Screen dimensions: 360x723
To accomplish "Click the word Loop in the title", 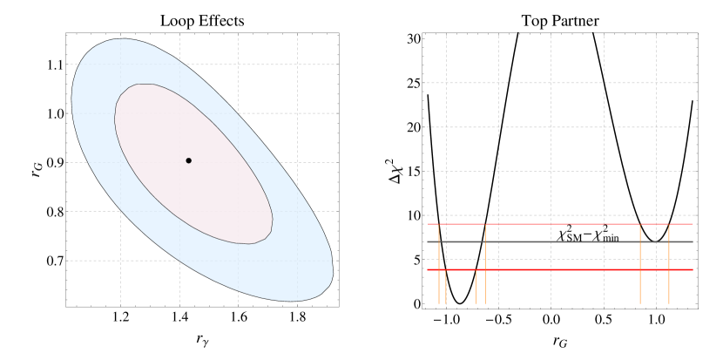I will [x=177, y=19].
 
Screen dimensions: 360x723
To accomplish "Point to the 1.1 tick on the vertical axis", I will [x=55, y=65].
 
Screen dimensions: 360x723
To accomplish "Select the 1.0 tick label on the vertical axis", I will [x=55, y=113].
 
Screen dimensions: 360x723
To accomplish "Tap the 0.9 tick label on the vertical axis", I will [x=55, y=162].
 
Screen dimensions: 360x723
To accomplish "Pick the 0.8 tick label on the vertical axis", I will [x=55, y=212].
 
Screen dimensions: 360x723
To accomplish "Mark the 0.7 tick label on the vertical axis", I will [x=55, y=261].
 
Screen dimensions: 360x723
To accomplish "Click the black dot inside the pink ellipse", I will [x=188, y=160].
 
